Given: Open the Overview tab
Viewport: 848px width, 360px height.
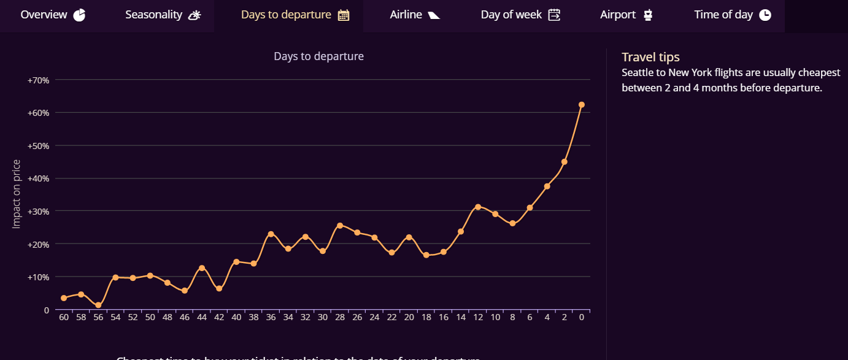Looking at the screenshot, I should click(x=53, y=15).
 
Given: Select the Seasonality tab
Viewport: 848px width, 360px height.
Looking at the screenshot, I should click(x=163, y=15).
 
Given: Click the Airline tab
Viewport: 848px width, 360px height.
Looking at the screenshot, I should click(x=415, y=15).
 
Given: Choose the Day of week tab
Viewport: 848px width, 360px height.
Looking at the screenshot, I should click(x=520, y=15).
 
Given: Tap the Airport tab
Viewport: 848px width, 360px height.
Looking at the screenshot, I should click(x=626, y=15).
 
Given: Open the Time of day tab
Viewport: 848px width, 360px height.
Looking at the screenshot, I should click(x=732, y=15).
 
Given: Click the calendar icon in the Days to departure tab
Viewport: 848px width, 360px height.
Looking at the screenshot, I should click(x=344, y=15).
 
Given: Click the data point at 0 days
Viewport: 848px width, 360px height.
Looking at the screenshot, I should click(x=582, y=105).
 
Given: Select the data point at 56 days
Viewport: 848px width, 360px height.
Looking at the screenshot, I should click(x=98, y=305).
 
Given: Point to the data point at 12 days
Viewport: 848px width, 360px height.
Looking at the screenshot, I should click(x=478, y=207).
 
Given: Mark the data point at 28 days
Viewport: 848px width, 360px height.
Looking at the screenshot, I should click(x=340, y=226).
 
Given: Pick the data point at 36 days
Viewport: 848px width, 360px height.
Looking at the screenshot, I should click(x=271, y=234).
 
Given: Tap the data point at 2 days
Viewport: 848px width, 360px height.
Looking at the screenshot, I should click(x=565, y=162).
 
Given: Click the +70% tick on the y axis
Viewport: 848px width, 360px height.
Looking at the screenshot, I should click(x=38, y=80).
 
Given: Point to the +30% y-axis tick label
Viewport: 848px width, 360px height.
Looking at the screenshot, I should click(x=38, y=211).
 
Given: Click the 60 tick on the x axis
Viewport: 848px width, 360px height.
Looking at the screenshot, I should click(x=64, y=317).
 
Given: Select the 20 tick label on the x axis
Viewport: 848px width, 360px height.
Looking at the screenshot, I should click(x=409, y=317).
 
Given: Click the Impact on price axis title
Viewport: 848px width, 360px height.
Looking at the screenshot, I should click(x=17, y=194).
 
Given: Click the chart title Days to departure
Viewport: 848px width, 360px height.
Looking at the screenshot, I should click(x=318, y=56).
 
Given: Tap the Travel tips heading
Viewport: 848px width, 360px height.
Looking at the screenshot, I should click(x=650, y=57).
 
